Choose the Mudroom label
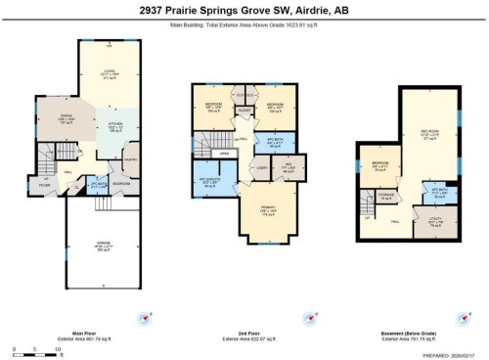click(x=121, y=182)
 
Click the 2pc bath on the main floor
click(x=96, y=183)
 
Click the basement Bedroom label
click(x=378, y=164)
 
